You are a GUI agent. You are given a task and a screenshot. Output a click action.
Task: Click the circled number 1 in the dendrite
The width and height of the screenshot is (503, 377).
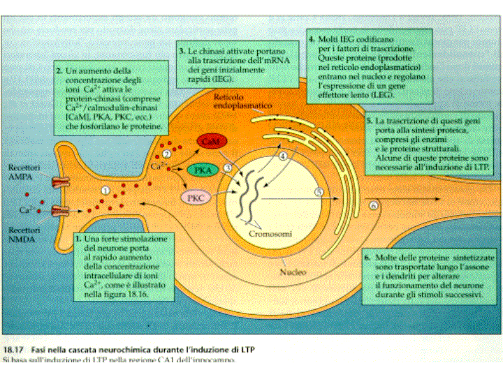105,190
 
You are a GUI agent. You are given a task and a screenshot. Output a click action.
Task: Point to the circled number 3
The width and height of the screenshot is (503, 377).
228,168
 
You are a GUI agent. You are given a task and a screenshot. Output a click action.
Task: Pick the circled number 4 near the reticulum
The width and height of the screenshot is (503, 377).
283,157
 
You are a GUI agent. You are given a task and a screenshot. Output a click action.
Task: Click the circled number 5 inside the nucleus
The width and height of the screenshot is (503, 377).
318,192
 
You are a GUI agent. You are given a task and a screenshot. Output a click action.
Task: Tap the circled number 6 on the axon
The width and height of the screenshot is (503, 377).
374,206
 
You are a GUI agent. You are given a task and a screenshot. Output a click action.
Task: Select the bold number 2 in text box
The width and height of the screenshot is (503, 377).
59,72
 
